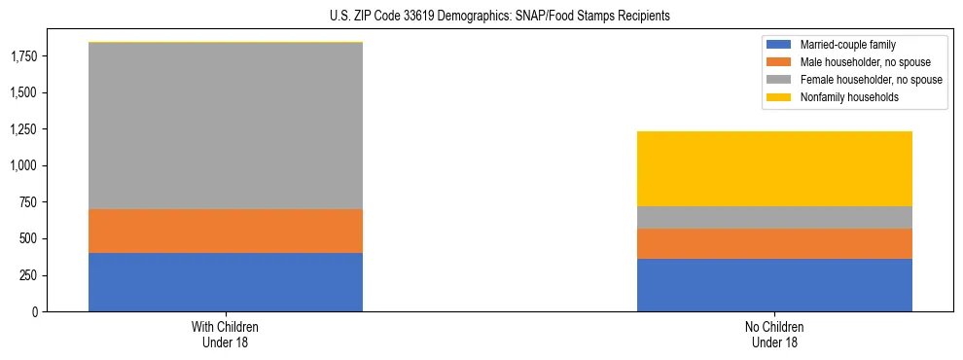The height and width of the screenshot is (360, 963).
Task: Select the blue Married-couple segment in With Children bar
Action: [226, 282]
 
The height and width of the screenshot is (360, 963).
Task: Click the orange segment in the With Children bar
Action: [226, 231]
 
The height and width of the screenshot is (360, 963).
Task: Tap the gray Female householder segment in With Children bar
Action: [226, 126]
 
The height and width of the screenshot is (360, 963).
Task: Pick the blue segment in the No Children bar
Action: [774, 285]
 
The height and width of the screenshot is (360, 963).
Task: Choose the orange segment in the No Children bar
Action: [774, 243]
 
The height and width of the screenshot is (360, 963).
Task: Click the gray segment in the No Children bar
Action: [774, 217]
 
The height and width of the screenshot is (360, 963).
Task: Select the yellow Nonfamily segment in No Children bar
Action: [774, 168]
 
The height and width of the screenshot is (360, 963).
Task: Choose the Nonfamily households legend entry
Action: [842, 97]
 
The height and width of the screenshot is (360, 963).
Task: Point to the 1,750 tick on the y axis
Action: [25, 56]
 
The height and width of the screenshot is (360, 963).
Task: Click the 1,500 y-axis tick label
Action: [25, 93]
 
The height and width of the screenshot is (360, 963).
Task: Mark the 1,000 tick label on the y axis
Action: [25, 166]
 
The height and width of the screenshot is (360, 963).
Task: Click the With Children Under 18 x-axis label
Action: [226, 334]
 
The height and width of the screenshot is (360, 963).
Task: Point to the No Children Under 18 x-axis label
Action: [774, 334]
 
